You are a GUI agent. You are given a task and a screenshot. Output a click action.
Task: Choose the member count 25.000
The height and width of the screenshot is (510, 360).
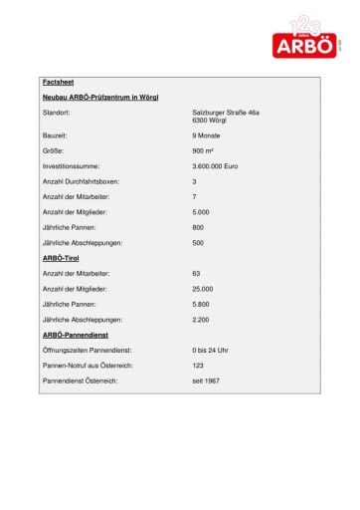tap(203, 289)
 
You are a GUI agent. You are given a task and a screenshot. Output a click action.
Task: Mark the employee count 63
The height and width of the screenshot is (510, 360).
tap(197, 273)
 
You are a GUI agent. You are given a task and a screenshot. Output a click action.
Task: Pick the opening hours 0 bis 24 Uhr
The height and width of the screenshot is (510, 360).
tap(211, 351)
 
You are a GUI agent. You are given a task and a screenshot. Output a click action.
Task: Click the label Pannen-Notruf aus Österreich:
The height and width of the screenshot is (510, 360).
tap(89, 366)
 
